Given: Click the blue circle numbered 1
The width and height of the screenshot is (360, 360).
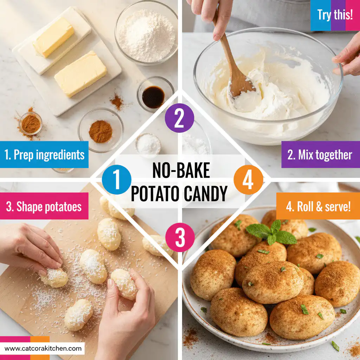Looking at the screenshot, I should point(116,180).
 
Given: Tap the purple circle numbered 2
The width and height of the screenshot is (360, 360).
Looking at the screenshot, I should point(179,118).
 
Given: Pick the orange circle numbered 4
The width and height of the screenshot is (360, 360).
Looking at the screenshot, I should point(248,180).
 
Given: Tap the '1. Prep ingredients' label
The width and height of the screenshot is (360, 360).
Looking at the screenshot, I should point(44,155).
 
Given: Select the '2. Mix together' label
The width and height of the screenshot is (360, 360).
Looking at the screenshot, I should point(320,155).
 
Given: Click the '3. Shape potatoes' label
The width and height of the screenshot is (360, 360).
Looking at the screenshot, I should point(44,207).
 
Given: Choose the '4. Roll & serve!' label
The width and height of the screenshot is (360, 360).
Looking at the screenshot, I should point(318,207).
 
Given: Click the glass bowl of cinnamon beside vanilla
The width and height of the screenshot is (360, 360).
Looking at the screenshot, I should point(101,131).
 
